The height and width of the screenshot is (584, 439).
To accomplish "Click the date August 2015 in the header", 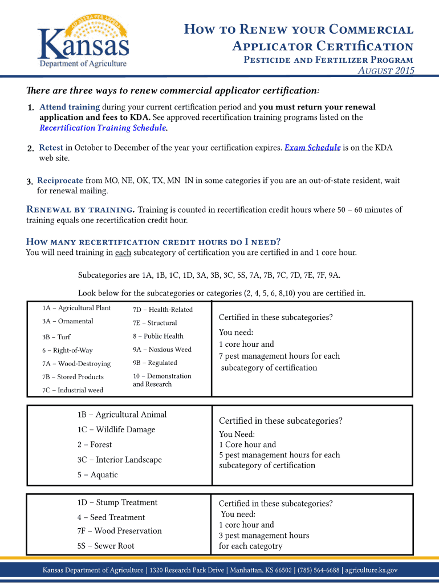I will click(385, 71).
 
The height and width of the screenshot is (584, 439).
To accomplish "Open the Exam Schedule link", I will click(312, 148).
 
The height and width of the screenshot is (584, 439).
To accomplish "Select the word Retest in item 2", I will click(51, 148).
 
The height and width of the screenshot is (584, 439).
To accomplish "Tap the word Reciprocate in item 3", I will click(60, 181).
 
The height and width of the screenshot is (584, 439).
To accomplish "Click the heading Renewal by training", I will click(80, 209).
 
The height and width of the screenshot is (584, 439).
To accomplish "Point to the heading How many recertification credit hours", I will click(153, 241).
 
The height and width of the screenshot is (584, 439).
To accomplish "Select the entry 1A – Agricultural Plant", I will click(76, 308).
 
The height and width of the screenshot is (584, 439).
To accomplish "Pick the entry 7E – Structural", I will click(155, 323).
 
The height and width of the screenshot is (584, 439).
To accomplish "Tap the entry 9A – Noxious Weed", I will click(162, 350).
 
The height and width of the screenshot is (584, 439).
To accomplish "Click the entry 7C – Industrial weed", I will click(72, 390).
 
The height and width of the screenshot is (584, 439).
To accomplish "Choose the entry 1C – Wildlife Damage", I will click(116, 429).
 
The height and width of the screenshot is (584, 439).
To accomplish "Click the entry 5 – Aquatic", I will click(97, 474).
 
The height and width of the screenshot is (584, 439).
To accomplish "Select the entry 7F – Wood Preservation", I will click(120, 531).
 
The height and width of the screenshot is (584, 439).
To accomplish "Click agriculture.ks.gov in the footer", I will click(371, 570).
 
